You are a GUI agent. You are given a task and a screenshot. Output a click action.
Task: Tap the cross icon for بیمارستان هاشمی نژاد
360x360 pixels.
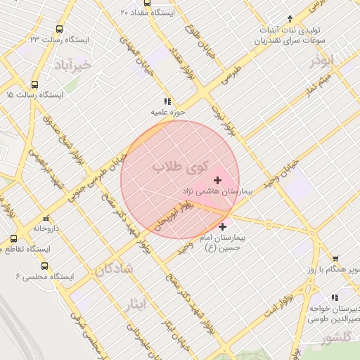click(217, 181)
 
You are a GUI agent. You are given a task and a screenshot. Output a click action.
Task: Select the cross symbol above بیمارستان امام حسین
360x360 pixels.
click(223, 226)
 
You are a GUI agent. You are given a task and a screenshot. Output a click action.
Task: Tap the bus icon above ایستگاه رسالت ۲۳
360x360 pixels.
click(58, 30)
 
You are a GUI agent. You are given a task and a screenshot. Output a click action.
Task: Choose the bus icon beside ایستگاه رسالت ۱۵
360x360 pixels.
click(8, 94)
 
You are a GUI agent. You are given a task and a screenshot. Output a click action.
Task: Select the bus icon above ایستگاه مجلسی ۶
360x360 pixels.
click(45, 266)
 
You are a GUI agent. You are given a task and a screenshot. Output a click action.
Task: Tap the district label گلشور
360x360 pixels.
click(336, 339)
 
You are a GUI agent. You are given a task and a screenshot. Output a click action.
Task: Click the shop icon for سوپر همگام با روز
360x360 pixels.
click(335, 258)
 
